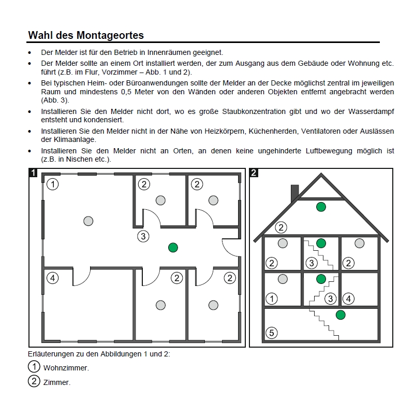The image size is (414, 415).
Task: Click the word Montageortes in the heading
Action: click(x=110, y=35)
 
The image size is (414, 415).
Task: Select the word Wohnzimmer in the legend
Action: click(x=72, y=368)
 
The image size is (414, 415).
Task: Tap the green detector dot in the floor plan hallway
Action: click(x=173, y=248)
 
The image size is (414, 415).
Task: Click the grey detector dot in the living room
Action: click(x=88, y=221)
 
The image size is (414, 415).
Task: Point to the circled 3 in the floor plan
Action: click(x=143, y=236)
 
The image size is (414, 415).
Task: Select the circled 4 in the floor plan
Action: click(x=52, y=278)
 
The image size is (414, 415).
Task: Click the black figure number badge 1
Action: click(x=33, y=173)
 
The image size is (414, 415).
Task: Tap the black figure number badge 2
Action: click(x=254, y=173)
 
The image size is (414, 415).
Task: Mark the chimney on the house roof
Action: click(x=295, y=192)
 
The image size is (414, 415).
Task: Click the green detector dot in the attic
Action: click(x=321, y=207)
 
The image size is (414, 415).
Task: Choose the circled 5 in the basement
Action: click(x=272, y=333)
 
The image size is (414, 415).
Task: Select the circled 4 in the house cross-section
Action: click(x=349, y=298)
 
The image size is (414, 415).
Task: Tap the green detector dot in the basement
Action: click(x=340, y=314)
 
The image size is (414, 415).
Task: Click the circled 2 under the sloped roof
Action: click(x=281, y=227)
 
